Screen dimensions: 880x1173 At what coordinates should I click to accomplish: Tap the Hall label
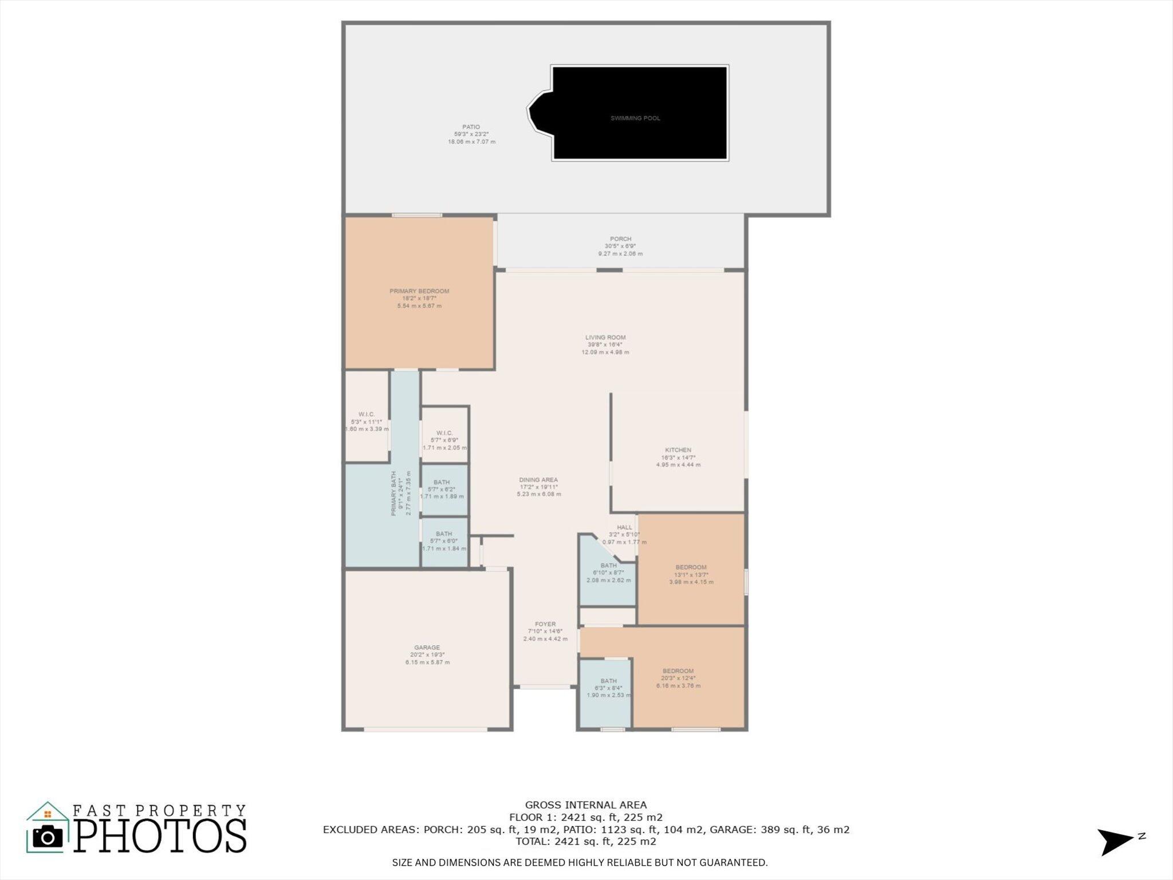624,528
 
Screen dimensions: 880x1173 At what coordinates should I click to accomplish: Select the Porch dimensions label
620,246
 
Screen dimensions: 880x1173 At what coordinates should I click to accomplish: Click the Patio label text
471,127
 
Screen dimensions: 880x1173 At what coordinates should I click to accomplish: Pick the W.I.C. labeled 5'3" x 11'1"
367,422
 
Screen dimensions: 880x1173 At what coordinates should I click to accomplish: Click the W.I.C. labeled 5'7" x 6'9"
444,440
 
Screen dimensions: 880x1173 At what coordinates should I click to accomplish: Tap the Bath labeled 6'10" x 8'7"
608,573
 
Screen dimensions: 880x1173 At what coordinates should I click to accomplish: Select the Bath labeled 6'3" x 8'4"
608,688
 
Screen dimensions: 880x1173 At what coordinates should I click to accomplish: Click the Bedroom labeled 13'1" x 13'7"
691,575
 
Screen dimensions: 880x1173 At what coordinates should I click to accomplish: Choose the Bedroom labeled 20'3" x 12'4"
678,678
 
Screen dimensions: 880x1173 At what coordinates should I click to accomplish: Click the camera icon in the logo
48,837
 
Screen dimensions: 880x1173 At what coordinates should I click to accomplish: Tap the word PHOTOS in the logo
160,836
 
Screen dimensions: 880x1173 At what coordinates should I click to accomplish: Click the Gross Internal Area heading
585,805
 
